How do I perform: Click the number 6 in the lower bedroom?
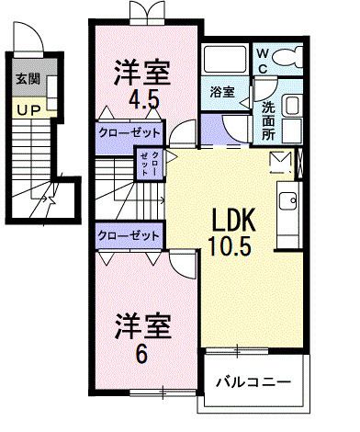tap(143, 355)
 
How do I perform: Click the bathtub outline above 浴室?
tap(224, 64)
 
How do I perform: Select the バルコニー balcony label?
tap(253, 381)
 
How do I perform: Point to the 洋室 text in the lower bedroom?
tap(141, 325)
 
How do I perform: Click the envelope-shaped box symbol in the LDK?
tap(279, 163)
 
